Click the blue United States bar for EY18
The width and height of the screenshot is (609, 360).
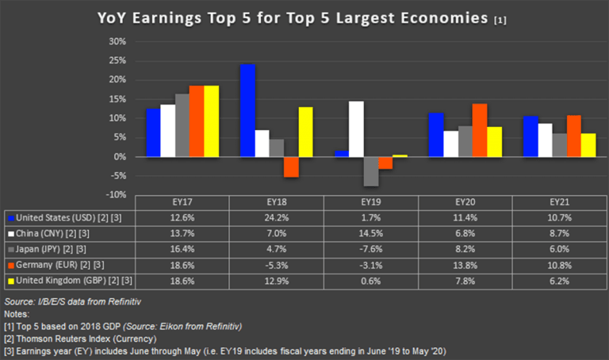coord(247,110)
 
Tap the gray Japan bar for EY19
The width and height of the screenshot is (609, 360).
coord(370,170)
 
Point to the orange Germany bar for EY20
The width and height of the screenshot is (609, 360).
coord(479,130)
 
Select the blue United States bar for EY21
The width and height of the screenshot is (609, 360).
coord(531,136)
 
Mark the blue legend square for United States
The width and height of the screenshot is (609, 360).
coord(10,216)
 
